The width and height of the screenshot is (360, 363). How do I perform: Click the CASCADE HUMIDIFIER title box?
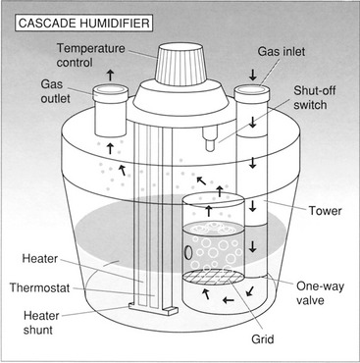point(83,24)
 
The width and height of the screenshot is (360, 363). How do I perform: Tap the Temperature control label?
point(90,55)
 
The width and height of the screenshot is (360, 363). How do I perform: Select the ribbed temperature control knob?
point(181,65)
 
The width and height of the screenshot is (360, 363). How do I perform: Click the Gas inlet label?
point(281,51)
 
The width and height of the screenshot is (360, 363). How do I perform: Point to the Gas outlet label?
point(55,91)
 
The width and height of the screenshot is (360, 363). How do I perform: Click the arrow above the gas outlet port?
point(110,76)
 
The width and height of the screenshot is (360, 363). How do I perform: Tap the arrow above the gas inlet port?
point(252,76)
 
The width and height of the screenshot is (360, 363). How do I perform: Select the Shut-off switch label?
point(314,97)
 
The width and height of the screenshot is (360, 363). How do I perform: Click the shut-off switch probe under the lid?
point(210,139)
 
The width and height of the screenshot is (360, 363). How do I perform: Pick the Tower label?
point(326,211)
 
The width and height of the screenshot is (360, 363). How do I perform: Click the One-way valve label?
point(320,293)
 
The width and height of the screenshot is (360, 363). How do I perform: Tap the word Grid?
point(263,339)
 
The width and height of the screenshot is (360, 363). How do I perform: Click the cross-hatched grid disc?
point(213,278)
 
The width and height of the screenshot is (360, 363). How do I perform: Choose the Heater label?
point(40,259)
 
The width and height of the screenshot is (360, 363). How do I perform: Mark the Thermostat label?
point(39,287)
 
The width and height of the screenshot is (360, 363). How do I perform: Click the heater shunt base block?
point(152,308)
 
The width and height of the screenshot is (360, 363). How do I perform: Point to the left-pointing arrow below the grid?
point(229,299)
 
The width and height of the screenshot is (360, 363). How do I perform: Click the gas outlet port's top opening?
point(110,89)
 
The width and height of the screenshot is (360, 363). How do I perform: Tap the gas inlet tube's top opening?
point(252,88)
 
